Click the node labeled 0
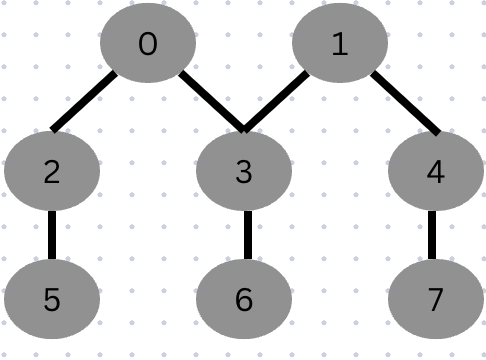(x=148, y=45)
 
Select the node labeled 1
(x=339, y=45)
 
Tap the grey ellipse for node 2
(x=52, y=172)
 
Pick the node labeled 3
(x=243, y=172)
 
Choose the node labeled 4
(x=435, y=172)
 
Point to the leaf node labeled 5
(x=52, y=299)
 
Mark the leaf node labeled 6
(x=243, y=299)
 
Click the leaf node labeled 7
(x=435, y=299)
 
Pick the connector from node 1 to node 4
(x=404, y=101)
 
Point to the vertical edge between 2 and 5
(x=52, y=235)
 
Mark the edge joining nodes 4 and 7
(x=435, y=235)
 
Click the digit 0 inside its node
(x=148, y=45)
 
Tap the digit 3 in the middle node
(x=243, y=172)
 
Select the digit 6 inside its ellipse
(x=243, y=299)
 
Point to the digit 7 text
(x=435, y=299)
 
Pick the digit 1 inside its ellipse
(x=339, y=45)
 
